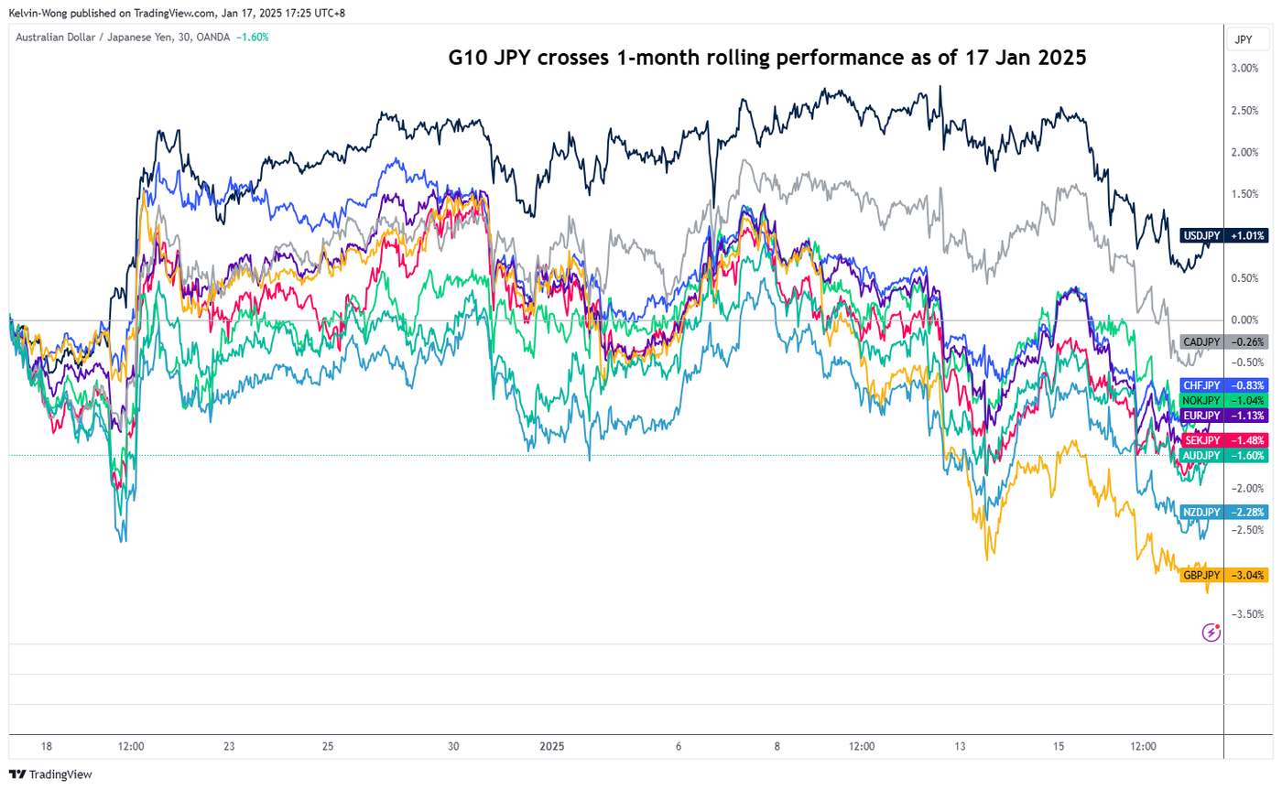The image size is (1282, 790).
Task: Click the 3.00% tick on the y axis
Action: (1244, 69)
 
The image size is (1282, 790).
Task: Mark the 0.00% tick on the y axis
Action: (1244, 320)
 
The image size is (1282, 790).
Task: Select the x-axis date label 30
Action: (453, 746)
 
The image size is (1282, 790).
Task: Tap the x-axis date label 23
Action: (230, 746)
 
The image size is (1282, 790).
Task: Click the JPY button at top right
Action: (1244, 40)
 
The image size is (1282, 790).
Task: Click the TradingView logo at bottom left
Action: (51, 774)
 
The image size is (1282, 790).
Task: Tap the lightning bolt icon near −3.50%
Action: (1212, 632)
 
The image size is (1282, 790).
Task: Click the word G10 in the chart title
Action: (465, 58)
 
